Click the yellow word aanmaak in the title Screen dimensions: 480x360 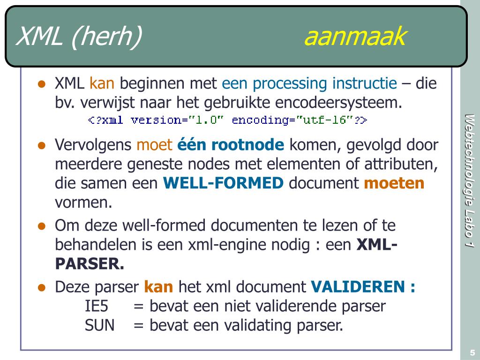[355, 37]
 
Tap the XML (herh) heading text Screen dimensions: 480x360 [79, 37]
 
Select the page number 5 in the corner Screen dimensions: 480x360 [472, 352]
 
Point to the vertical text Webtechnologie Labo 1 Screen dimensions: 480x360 [469, 180]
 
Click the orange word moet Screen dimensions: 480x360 [154, 145]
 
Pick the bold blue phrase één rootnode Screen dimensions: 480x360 [231, 145]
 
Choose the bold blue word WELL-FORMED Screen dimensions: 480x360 [224, 183]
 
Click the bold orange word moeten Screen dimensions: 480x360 [394, 183]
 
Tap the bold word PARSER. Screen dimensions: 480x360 [90, 263]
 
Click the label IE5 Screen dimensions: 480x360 [97, 306]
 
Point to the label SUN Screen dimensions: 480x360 [100, 325]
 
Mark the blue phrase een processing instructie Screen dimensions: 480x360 [309, 83]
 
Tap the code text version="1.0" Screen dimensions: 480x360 [177, 120]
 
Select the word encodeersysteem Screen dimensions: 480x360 [338, 103]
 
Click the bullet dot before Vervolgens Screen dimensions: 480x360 [42, 145]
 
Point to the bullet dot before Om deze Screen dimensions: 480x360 [42, 226]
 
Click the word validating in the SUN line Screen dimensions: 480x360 [257, 325]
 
